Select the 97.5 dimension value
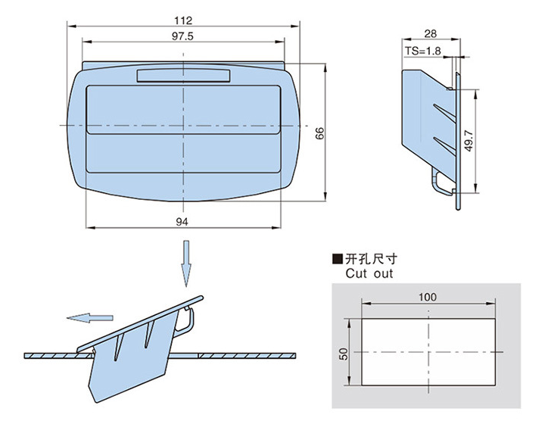coord(182,36)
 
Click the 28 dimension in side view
coord(430,33)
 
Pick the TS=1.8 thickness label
coord(422,51)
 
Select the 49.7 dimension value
coord(469,142)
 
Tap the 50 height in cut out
coord(344,354)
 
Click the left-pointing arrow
coord(89,318)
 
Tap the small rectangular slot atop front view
coord(182,75)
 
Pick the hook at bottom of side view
coord(440,186)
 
